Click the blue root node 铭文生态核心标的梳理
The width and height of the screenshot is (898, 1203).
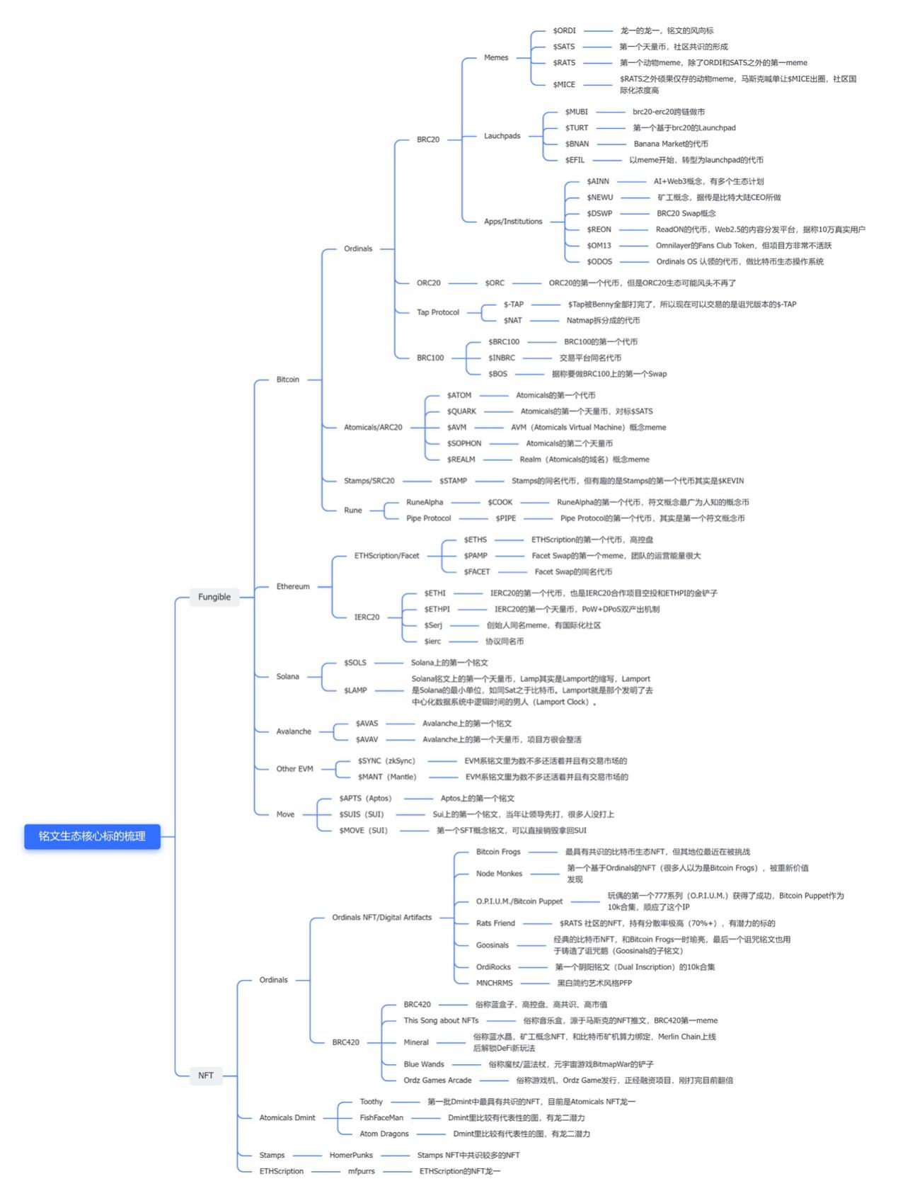(x=92, y=836)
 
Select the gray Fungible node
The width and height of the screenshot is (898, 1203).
(x=214, y=597)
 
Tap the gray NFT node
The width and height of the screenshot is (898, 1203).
(x=205, y=1075)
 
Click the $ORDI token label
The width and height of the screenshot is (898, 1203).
(x=564, y=30)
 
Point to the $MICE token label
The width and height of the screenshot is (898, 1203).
(x=564, y=84)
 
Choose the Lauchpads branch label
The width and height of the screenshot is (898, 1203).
(x=502, y=136)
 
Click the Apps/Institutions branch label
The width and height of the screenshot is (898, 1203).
(x=512, y=222)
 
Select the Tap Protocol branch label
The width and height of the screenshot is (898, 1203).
(x=437, y=312)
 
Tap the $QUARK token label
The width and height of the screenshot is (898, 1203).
(x=461, y=411)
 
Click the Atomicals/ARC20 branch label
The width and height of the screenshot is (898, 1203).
(x=372, y=428)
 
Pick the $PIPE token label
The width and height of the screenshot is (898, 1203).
(x=505, y=518)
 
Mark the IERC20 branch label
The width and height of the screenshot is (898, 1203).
(x=367, y=617)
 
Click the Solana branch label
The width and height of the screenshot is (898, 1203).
(x=287, y=676)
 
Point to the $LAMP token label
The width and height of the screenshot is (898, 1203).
(x=355, y=690)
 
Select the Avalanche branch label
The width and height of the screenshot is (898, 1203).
(x=293, y=731)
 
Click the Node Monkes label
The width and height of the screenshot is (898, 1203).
(x=499, y=874)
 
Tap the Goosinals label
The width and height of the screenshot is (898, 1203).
(x=492, y=945)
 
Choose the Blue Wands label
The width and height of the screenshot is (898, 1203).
(x=424, y=1064)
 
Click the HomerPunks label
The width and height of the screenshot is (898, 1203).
(x=351, y=1155)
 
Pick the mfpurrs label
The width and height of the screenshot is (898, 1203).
(x=361, y=1171)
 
